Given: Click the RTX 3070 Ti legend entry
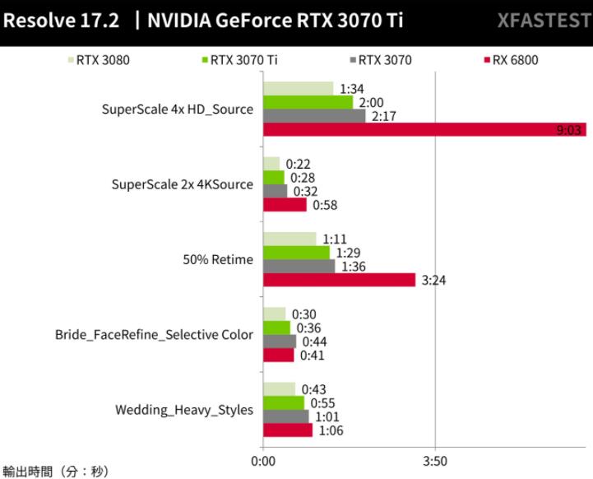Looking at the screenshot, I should click(x=242, y=59).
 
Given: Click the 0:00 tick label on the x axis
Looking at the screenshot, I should click(x=263, y=460).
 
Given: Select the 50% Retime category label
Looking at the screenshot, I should click(x=218, y=260).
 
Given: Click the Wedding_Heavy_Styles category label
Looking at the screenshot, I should click(x=184, y=410).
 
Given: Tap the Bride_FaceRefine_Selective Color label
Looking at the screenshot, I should click(x=154, y=335).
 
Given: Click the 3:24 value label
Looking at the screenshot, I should click(x=433, y=281).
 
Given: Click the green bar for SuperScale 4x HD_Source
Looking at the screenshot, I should click(x=308, y=102).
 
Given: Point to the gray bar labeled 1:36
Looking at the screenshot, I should click(x=299, y=267).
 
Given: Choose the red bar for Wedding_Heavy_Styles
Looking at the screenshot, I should click(x=288, y=430).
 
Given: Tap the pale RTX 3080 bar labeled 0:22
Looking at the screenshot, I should click(x=271, y=163).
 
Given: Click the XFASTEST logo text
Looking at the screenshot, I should click(x=543, y=21).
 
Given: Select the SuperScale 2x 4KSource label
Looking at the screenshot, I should click(x=183, y=184).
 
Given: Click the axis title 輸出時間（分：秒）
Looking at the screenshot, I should click(x=56, y=472).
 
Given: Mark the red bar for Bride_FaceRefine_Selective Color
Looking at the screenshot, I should click(x=278, y=356).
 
